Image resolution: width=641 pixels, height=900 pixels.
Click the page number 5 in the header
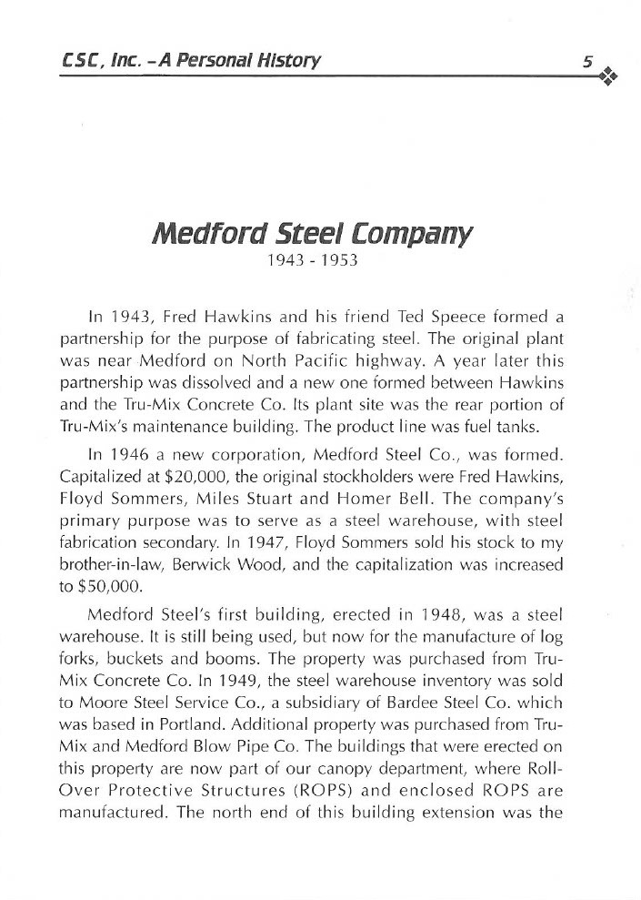coord(588,62)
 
